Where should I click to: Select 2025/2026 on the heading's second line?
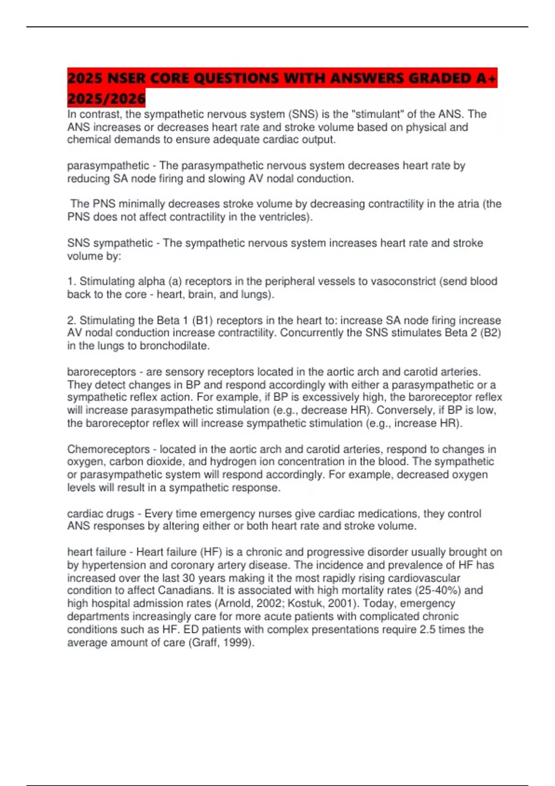point(106,98)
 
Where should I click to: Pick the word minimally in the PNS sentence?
point(142,204)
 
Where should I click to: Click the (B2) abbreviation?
point(490,333)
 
